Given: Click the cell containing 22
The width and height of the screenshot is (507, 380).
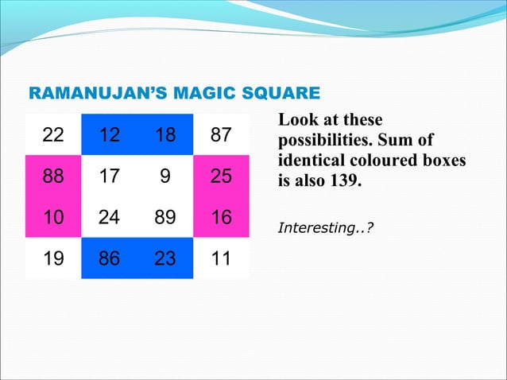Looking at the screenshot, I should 53,135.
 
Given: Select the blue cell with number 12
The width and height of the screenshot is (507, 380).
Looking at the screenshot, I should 109,135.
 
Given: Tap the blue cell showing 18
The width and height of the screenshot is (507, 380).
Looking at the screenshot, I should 165,135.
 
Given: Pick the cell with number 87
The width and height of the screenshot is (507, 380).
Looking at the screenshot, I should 221,135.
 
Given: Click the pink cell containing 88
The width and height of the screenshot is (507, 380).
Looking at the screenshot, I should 53,176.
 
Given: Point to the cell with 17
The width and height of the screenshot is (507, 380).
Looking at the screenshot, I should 109,176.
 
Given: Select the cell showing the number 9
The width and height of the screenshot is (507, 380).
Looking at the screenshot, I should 165,176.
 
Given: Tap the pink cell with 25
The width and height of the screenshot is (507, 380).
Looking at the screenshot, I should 221,176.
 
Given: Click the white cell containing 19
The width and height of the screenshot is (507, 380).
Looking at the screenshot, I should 53,258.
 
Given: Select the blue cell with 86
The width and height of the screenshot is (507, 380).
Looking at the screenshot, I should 109,258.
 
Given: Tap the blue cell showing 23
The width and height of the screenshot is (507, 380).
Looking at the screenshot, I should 165,258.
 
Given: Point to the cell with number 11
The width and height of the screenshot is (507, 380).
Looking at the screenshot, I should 221,258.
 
